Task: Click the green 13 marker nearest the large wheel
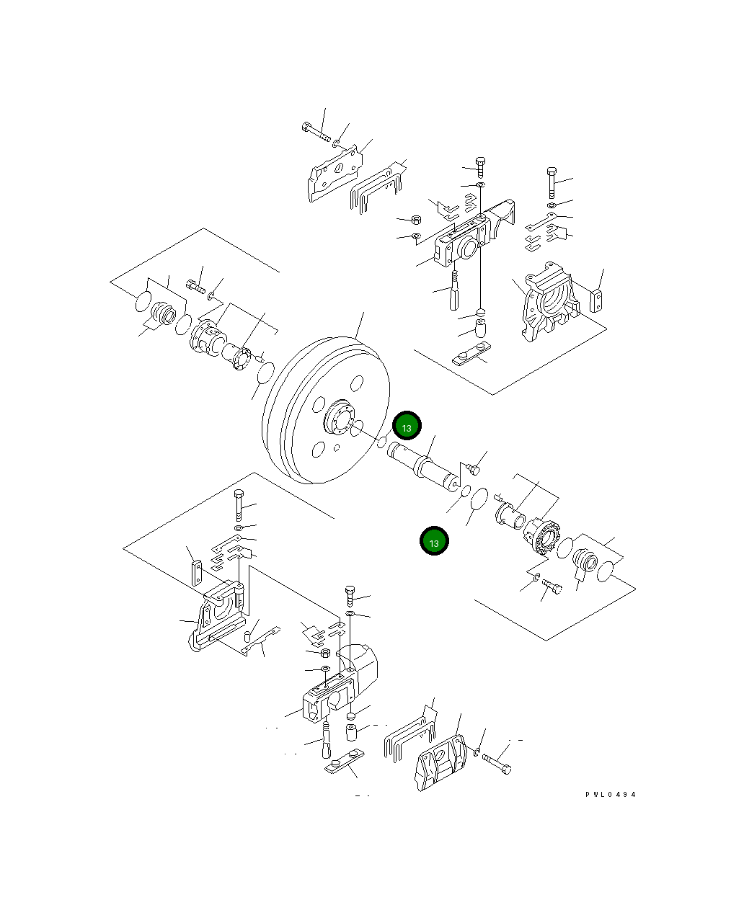coord(407,427)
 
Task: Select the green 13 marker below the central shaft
coord(434,542)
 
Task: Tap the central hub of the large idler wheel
coord(337,421)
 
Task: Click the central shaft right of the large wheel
coord(422,468)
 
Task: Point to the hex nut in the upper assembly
coord(416,219)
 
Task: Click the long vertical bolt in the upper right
coord(552,183)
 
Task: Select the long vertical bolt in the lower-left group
coord(239,506)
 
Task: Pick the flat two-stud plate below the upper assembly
coord(469,357)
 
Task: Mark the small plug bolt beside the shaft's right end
coord(473,469)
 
